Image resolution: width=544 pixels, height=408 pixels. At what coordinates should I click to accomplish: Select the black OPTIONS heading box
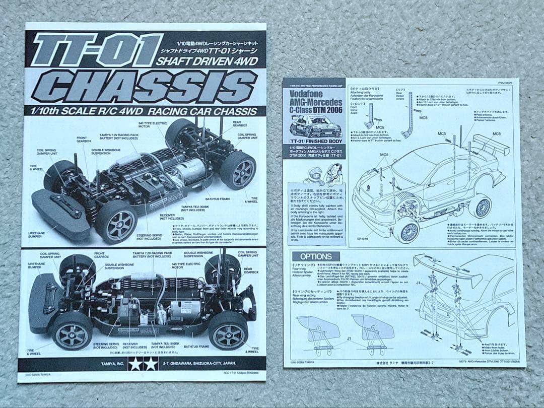315,257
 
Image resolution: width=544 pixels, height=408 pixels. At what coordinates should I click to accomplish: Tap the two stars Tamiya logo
143,364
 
